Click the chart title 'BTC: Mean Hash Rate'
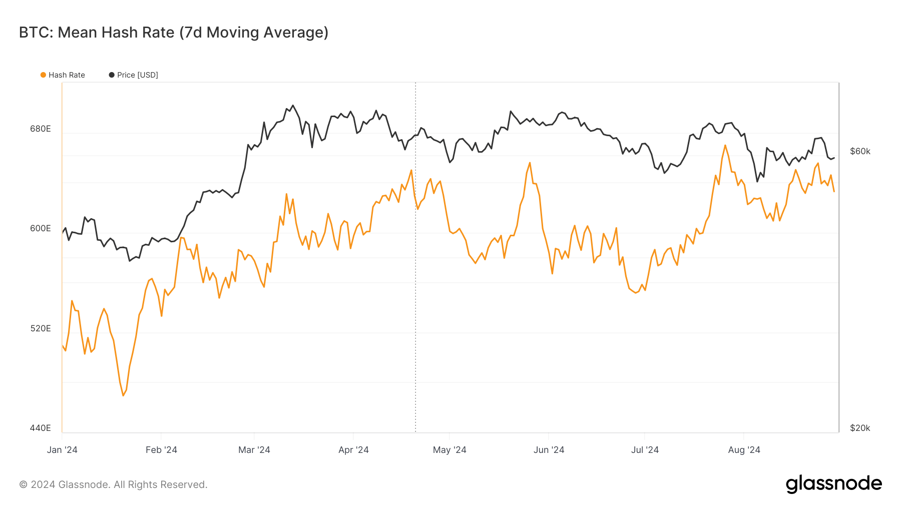click(173, 33)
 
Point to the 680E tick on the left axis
click(41, 129)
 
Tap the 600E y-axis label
click(41, 228)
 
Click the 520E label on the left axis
click(41, 328)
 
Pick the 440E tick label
click(41, 428)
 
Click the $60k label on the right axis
click(860, 151)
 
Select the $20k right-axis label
click(860, 428)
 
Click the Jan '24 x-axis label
click(62, 450)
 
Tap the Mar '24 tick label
click(254, 450)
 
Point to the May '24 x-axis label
click(449, 450)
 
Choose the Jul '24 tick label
click(645, 450)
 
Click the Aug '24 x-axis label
click(744, 450)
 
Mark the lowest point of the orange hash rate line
click(123, 395)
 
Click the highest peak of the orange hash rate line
click(725, 146)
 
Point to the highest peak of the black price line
click(293, 106)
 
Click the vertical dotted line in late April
click(415, 300)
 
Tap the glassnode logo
click(833, 484)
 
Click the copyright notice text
click(113, 484)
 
